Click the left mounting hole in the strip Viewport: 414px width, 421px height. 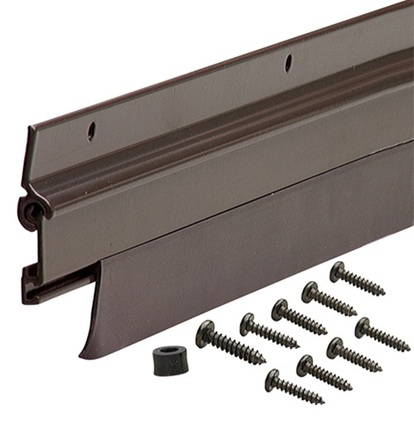pyautogui.click(x=91, y=131)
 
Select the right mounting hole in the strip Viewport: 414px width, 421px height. pyautogui.click(x=288, y=63)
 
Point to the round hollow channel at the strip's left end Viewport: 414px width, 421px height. pyautogui.click(x=31, y=213)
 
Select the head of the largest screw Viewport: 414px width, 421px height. pyautogui.click(x=205, y=334)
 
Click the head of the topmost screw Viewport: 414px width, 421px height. pyautogui.click(x=337, y=271)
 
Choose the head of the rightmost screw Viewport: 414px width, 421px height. pyautogui.click(x=363, y=328)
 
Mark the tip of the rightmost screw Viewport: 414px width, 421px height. pyautogui.click(x=409, y=348)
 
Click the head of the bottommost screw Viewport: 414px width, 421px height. pyautogui.click(x=273, y=380)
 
